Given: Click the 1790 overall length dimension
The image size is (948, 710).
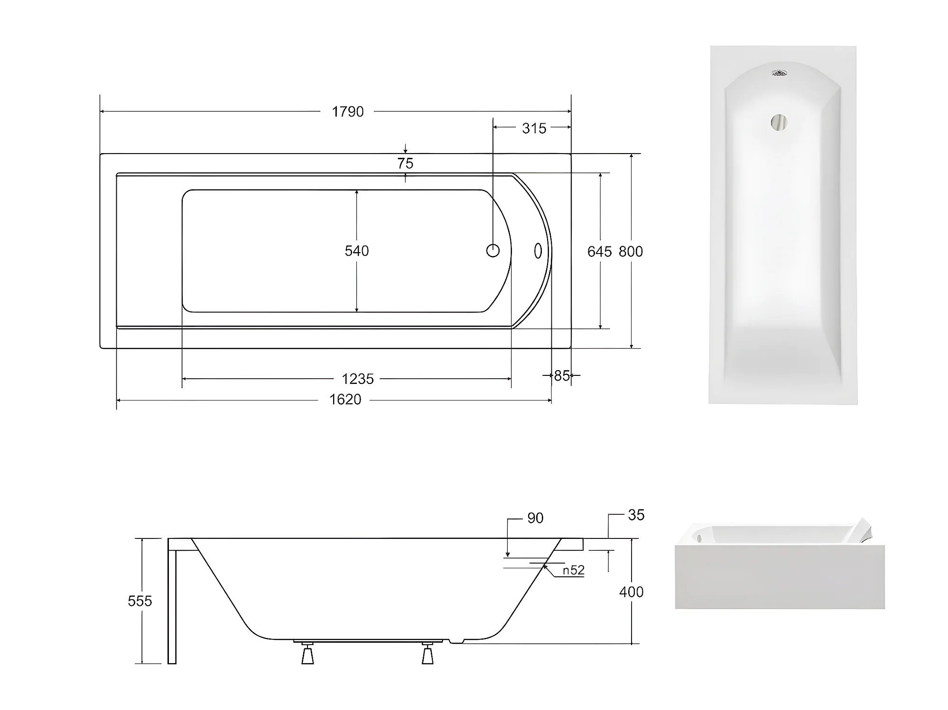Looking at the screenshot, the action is tap(348, 112).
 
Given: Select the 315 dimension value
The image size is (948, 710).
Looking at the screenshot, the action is tap(534, 128).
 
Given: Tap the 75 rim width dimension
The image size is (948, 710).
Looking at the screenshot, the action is tap(405, 164).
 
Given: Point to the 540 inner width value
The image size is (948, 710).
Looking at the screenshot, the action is tap(357, 251).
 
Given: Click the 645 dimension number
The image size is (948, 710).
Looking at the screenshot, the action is tap(600, 252).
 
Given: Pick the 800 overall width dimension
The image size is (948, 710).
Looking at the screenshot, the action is tap(631, 252).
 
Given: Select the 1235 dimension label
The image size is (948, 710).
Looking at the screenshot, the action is tap(358, 379).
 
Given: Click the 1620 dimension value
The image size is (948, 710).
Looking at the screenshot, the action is tap(345, 400).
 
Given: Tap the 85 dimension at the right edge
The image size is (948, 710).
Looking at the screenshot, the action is tap(562, 376).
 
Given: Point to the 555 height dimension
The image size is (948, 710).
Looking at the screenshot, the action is tap(140, 601).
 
